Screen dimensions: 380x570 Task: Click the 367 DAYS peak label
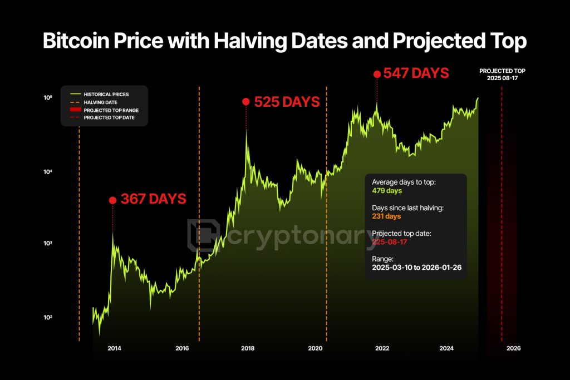153,199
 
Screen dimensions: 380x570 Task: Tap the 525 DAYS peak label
287,102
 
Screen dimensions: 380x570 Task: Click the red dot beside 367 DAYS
112,200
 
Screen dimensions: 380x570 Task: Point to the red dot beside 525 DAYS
245,101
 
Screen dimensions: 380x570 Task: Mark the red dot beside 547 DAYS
377,73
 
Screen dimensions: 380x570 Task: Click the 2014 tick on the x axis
115,348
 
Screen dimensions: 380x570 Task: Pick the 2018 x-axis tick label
248,348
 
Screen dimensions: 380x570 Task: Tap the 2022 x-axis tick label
382,348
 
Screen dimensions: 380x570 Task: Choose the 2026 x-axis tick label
513,348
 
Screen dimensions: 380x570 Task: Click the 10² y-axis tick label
47,318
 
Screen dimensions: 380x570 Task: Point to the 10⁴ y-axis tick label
47,172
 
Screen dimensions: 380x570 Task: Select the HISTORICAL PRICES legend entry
106,95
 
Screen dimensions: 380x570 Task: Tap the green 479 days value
387,191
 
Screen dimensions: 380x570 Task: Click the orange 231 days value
386,216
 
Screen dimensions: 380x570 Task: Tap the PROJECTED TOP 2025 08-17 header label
502,75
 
